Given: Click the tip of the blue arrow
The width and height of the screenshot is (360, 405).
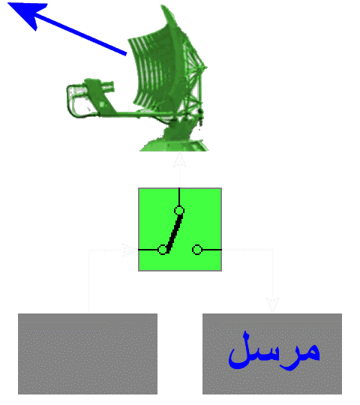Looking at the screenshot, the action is click(x=8, y=3).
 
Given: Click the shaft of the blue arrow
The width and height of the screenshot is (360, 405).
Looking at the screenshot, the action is click(x=80, y=34).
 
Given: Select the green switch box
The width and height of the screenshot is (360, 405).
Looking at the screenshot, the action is click(x=180, y=229).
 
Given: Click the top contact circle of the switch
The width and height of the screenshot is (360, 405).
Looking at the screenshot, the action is click(x=179, y=211).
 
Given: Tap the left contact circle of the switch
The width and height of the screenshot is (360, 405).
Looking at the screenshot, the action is click(x=163, y=250).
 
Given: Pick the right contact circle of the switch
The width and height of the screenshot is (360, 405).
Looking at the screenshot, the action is click(x=197, y=250).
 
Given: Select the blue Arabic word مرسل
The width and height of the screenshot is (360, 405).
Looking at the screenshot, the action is click(x=274, y=351).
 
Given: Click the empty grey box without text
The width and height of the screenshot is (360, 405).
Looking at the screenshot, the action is click(x=88, y=354).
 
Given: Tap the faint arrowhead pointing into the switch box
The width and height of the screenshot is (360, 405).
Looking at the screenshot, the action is click(x=130, y=250).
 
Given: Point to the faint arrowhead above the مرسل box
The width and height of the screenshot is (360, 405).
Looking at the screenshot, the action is click(x=272, y=304).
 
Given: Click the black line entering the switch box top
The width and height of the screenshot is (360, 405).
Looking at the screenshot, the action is click(x=179, y=196).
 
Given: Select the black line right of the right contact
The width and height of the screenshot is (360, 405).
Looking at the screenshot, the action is click(x=211, y=250).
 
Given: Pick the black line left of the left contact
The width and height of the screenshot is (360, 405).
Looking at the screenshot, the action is click(x=148, y=250).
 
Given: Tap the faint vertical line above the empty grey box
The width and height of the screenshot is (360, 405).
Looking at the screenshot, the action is click(x=88, y=281).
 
